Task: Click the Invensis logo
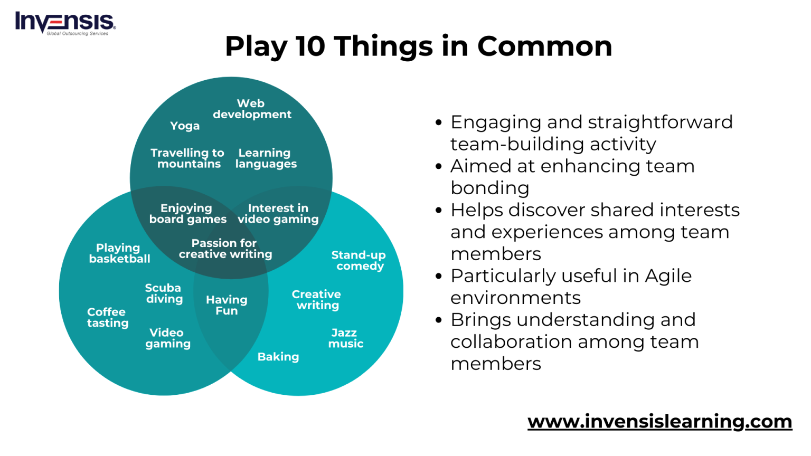(x=65, y=23)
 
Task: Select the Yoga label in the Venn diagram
(x=185, y=126)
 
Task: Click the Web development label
(x=252, y=109)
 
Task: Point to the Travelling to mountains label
(x=187, y=158)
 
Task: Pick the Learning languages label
(x=266, y=158)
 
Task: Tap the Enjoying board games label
(x=187, y=214)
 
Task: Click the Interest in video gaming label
(x=278, y=214)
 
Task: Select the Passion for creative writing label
(x=225, y=249)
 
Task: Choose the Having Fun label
(x=227, y=305)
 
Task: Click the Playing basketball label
(x=119, y=253)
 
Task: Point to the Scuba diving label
(x=164, y=293)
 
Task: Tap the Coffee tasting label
(x=108, y=318)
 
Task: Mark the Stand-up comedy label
(x=359, y=261)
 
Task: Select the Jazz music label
(x=345, y=338)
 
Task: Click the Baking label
(x=278, y=357)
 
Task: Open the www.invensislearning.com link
(x=659, y=422)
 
